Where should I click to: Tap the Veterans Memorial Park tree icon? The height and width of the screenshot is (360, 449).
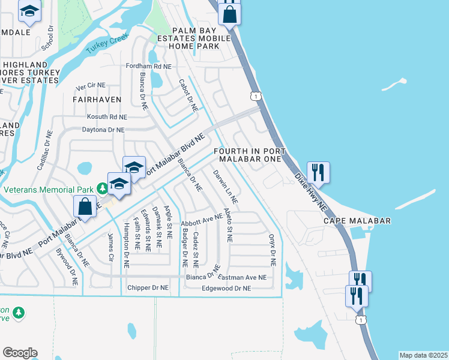click(103, 190)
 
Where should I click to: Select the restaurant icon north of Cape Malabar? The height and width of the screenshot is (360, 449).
click(318, 172)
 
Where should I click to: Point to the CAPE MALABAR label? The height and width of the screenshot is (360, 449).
click(357, 221)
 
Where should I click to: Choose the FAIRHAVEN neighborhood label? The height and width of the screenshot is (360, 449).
click(97, 99)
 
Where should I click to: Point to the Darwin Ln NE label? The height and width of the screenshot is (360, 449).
click(226, 186)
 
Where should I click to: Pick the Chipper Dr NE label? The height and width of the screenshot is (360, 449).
click(148, 288)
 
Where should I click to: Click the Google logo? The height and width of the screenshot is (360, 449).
click(20, 352)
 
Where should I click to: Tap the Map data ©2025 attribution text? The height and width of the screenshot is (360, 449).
click(423, 355)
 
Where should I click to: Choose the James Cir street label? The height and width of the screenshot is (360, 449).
click(110, 247)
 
